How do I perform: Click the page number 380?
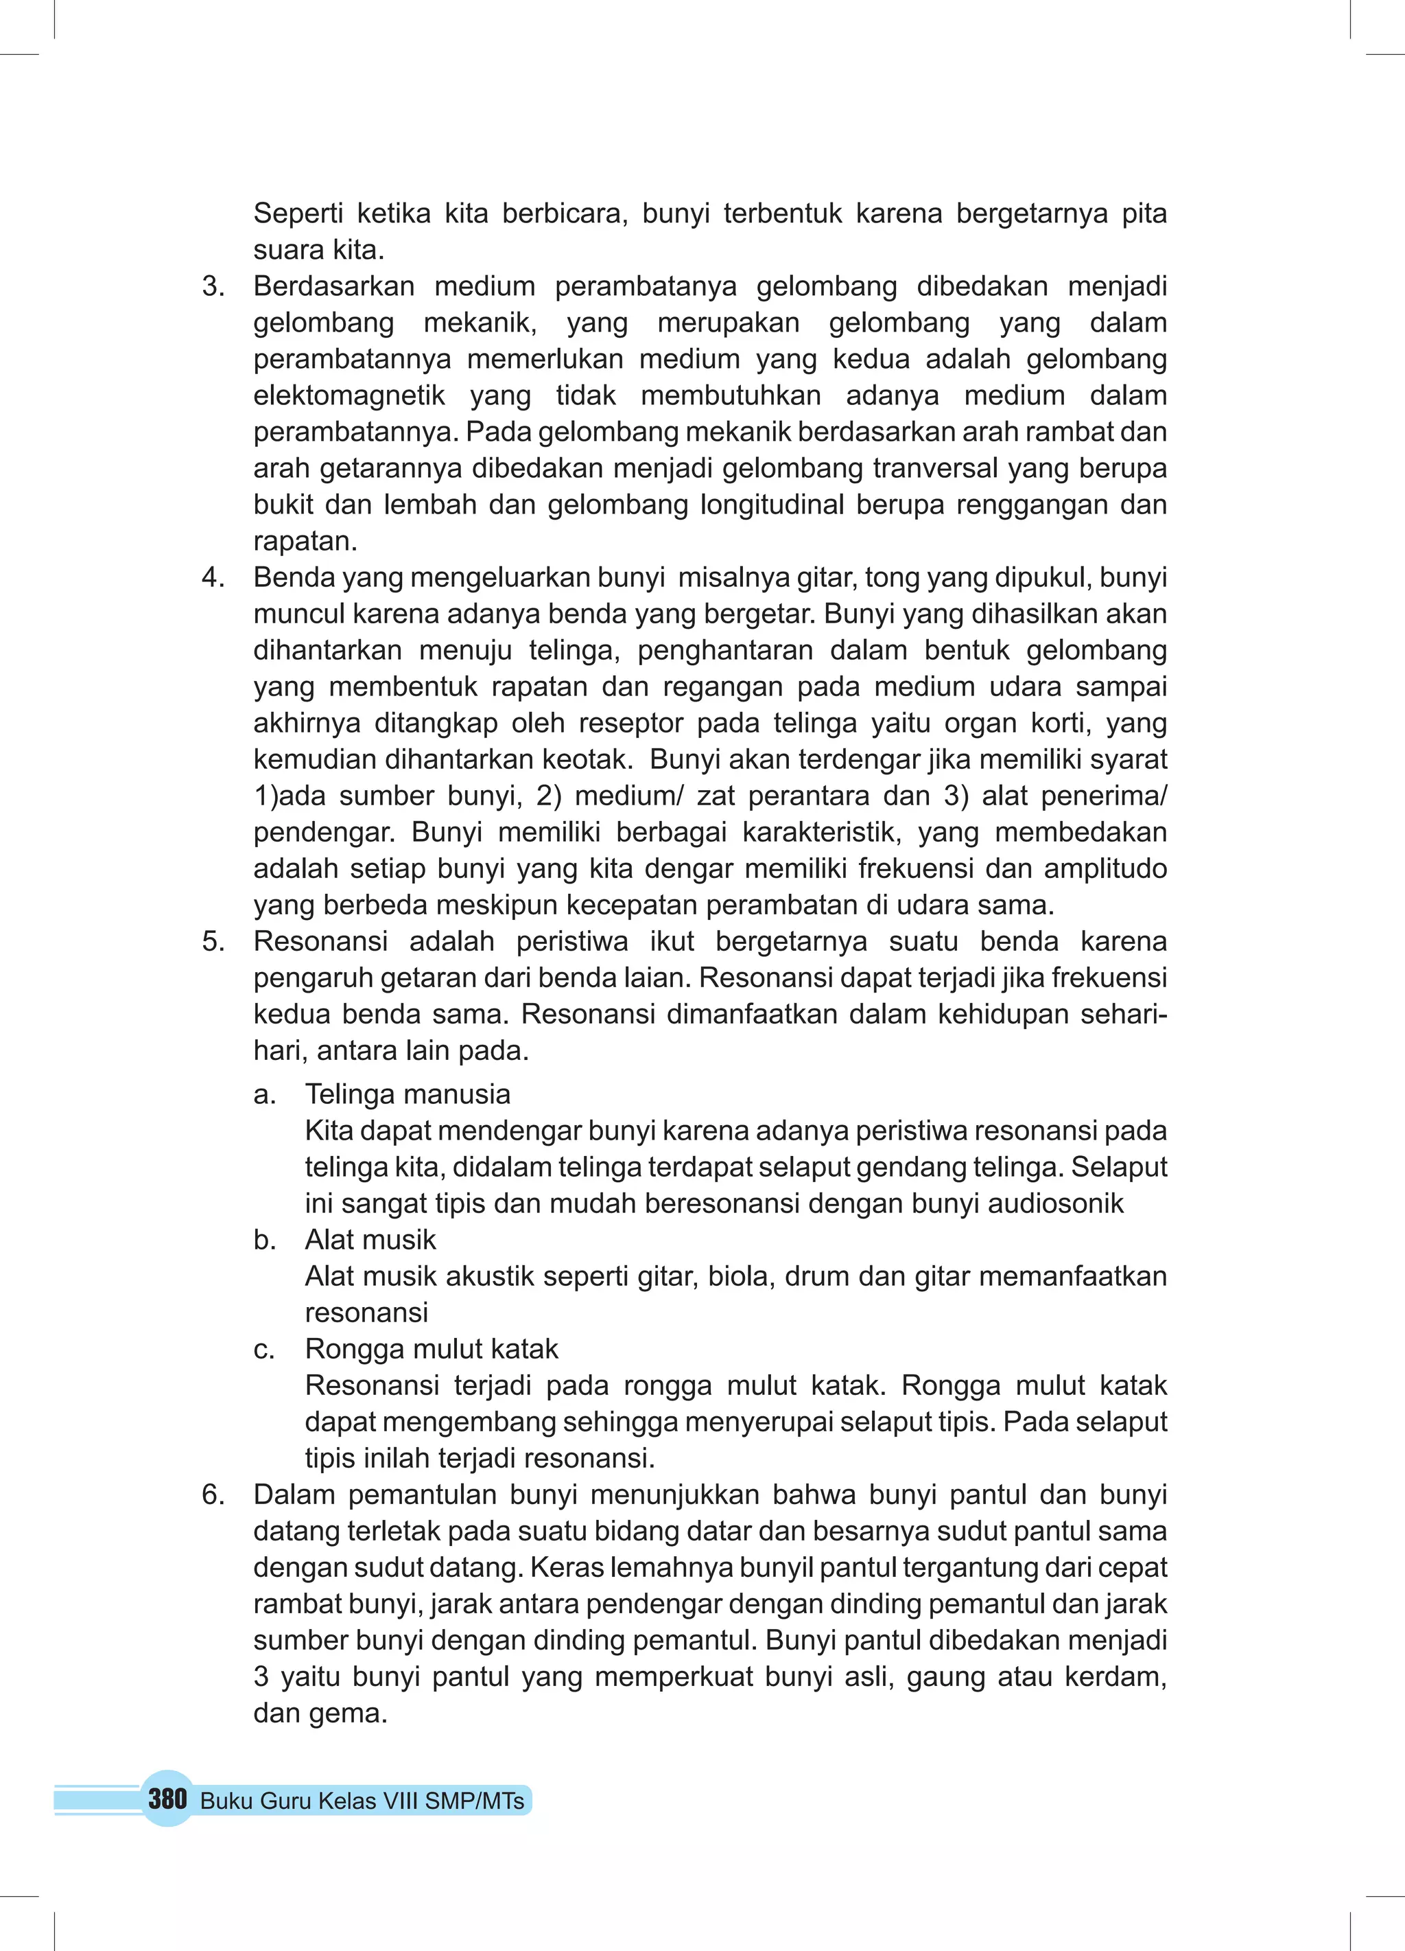point(167,1798)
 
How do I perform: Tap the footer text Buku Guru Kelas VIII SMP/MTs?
point(362,1801)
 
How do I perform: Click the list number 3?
point(213,286)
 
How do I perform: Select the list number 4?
point(213,577)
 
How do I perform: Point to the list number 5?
point(213,941)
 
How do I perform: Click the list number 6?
point(213,1494)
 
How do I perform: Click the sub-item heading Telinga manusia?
point(408,1094)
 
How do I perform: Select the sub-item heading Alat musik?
point(370,1240)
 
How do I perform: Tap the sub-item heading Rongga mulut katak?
point(432,1349)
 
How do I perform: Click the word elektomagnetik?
point(349,395)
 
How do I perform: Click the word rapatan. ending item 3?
point(305,541)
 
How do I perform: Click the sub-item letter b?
point(264,1240)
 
